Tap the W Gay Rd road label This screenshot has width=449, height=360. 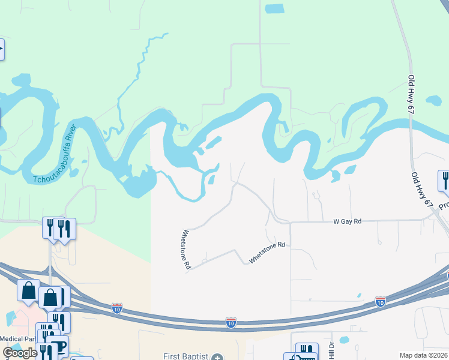pos(348,221)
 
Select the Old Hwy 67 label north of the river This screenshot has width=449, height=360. pos(411,94)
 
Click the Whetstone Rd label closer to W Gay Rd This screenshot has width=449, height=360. pos(267,253)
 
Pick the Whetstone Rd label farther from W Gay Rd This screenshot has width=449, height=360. pos(187,248)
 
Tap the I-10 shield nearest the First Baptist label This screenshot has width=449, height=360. pos(231,323)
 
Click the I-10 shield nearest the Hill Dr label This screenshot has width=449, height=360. pos(380,301)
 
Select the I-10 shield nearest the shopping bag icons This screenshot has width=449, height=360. pos(117,309)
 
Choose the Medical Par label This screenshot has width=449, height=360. pos(17,338)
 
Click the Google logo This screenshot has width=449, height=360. pos(20,353)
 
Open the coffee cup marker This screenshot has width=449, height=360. pos(58,346)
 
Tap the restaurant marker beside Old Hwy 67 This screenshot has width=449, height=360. pos(445,180)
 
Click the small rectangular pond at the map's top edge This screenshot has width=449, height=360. pos(274,8)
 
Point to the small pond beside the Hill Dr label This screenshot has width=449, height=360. pos(344,340)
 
